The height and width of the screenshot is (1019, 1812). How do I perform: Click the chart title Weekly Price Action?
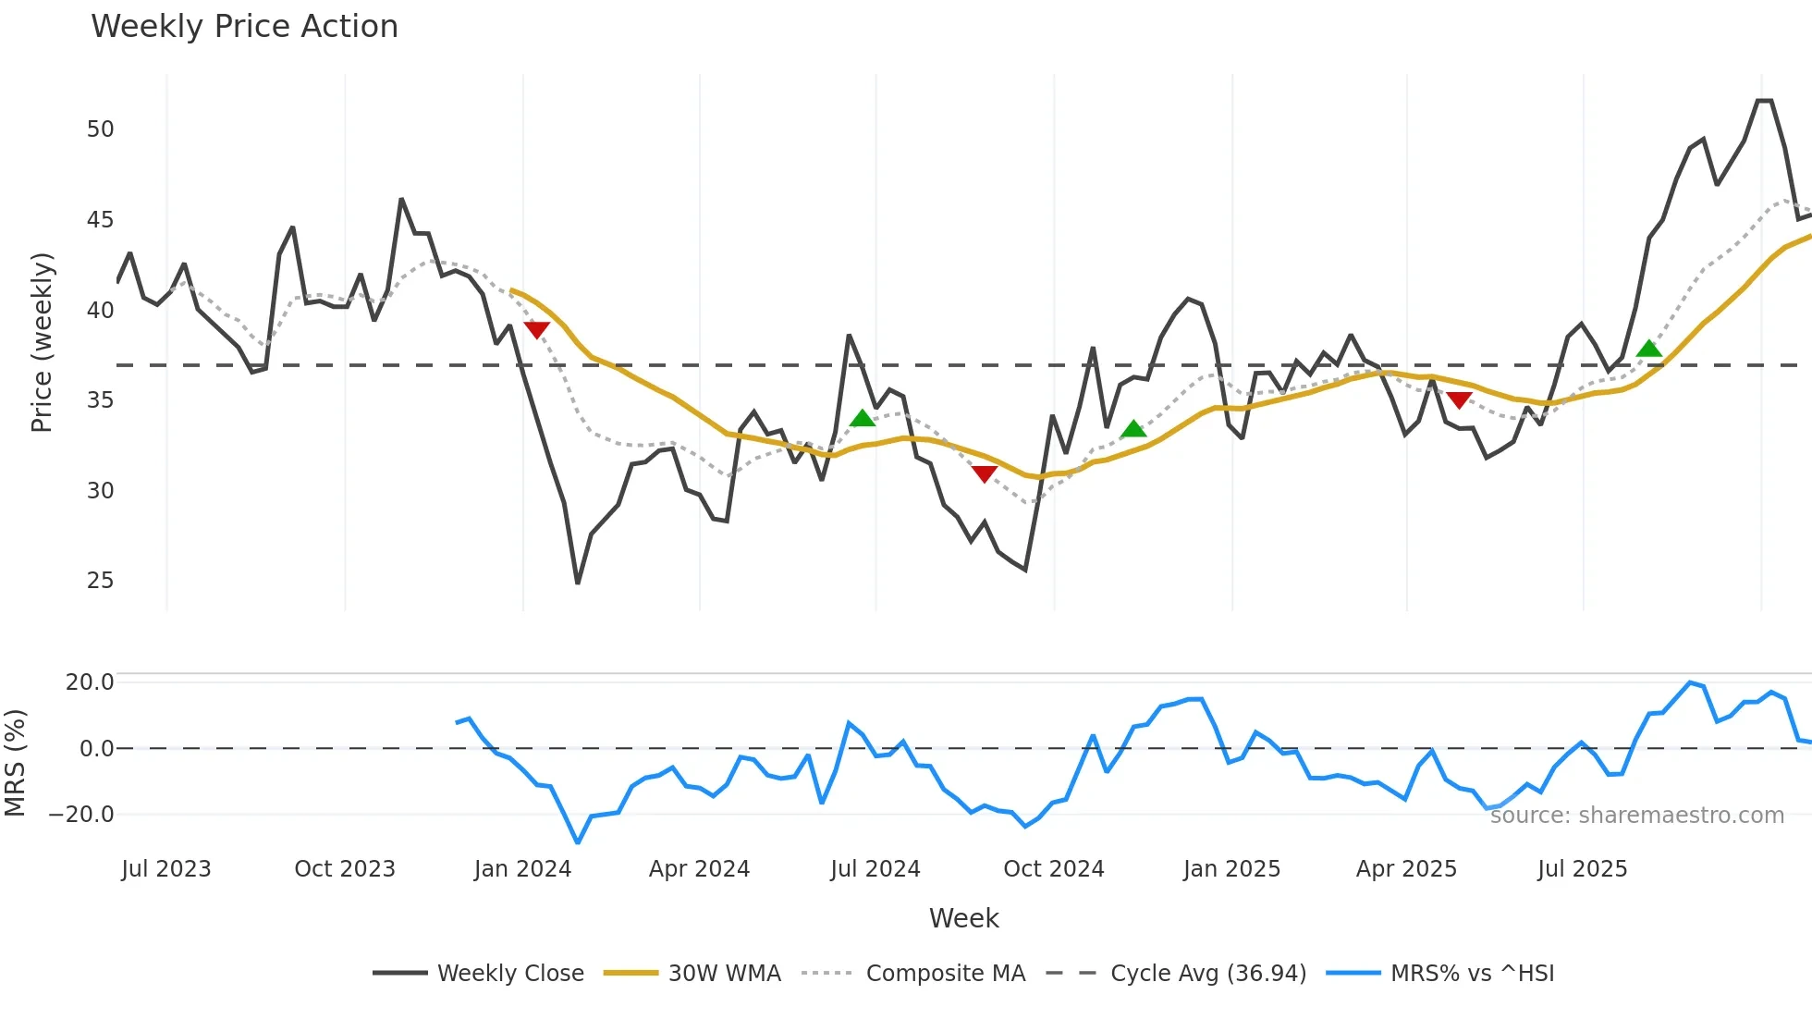[x=244, y=27]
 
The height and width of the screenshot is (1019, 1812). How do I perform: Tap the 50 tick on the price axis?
[x=100, y=129]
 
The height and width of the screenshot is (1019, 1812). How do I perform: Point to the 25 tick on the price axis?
[x=100, y=581]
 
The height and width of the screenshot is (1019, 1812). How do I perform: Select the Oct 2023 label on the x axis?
[x=344, y=869]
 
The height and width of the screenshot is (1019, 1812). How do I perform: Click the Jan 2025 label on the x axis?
[x=1231, y=869]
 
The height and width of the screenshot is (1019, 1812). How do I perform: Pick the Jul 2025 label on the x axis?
[x=1582, y=869]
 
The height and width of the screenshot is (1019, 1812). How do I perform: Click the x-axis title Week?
[x=963, y=918]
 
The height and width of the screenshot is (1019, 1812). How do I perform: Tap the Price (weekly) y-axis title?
[x=42, y=342]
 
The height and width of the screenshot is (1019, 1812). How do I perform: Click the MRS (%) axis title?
[x=15, y=763]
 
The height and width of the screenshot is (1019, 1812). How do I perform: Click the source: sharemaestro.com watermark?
[x=1636, y=816]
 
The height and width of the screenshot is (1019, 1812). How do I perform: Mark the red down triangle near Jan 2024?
[x=536, y=329]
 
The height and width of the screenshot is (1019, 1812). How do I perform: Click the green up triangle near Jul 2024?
[x=863, y=419]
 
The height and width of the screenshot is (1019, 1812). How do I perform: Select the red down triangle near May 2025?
[x=1459, y=399]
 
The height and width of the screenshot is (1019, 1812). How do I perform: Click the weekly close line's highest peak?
[x=1764, y=101]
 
